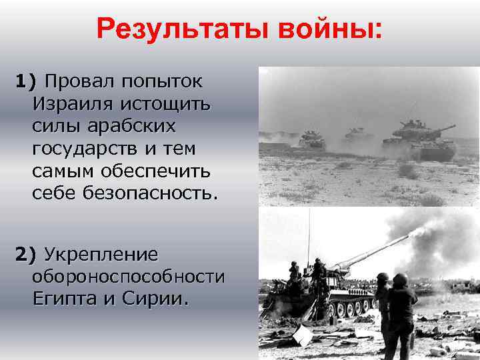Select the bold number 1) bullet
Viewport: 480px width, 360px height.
tap(28, 82)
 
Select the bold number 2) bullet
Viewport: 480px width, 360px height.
tap(28, 254)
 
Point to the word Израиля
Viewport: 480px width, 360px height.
tap(67, 104)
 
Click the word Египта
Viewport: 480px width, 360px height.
tap(65, 299)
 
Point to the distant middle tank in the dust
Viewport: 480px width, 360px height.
tap(359, 135)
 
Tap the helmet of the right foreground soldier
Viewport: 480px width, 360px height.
tap(401, 279)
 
